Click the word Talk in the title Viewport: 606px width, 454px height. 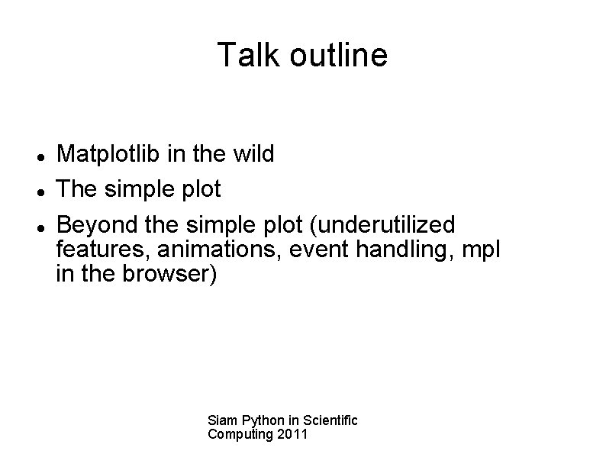tap(246, 55)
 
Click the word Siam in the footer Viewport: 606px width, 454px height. tap(221, 420)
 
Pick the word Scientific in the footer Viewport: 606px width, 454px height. tap(330, 420)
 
